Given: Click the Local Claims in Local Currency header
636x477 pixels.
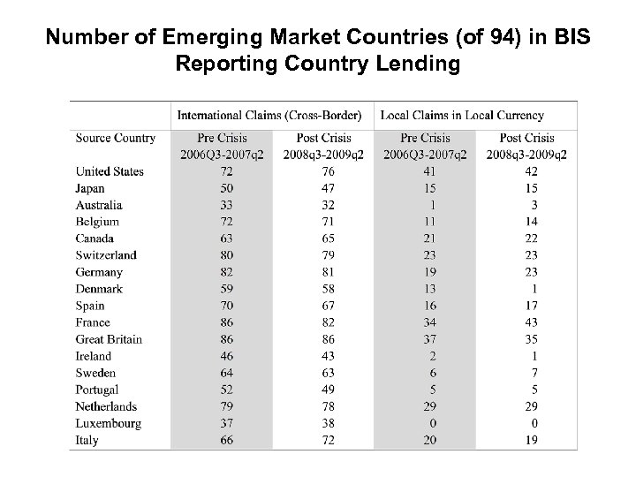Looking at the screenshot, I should click(461, 115).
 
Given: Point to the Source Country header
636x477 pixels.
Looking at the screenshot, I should click(116, 138).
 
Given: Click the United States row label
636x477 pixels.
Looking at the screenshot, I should click(110, 171).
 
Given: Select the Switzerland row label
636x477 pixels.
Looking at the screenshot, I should click(106, 255).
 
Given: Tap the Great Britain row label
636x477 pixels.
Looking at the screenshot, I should click(109, 339).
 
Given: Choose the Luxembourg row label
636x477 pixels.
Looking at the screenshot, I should click(109, 423).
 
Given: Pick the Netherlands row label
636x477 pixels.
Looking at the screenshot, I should click(107, 406).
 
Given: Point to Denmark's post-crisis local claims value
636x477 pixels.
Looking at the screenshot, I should click(534, 289).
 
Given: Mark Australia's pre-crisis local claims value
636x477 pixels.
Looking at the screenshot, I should click(432, 205).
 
